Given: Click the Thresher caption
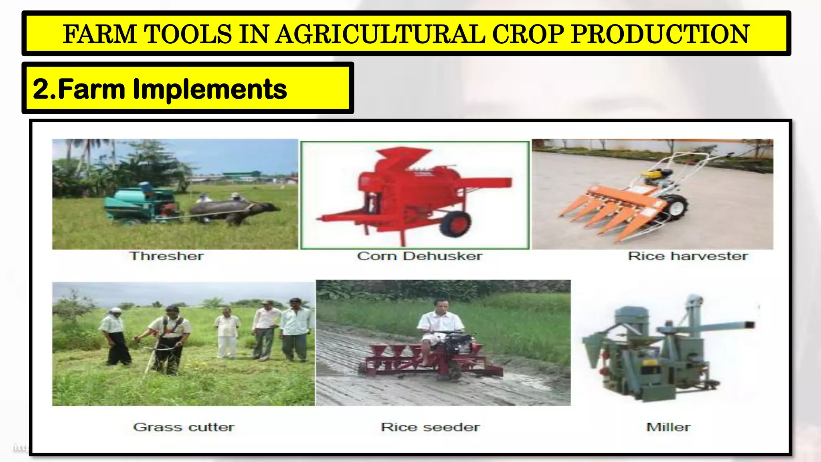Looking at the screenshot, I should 166,256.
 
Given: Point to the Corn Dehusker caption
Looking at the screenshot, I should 419,256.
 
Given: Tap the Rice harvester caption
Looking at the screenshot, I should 688,256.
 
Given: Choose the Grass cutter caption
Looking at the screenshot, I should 184,427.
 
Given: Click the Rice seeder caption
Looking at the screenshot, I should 430,427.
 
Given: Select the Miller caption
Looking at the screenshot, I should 668,427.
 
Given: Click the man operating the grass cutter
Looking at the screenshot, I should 170,337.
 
